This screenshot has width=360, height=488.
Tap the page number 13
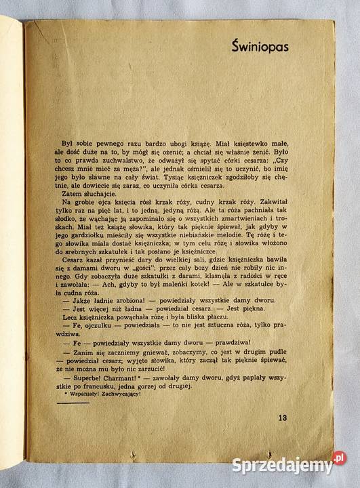tap(283, 417)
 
